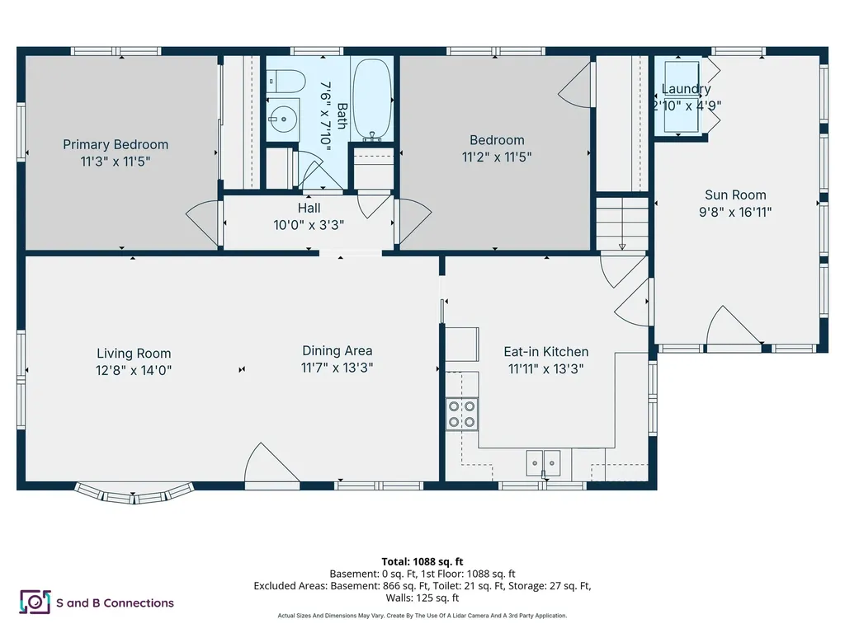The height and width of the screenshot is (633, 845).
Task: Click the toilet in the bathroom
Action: pyautogui.click(x=286, y=82)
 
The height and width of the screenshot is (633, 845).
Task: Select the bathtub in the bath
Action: pyautogui.click(x=372, y=100)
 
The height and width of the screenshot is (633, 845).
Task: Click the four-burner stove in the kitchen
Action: pyautogui.click(x=462, y=414)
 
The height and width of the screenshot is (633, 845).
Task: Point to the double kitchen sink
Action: pyautogui.click(x=543, y=463)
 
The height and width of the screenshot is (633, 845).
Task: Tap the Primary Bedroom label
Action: pyautogui.click(x=116, y=144)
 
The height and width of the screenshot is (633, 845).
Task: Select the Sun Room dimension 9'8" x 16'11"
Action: pyautogui.click(x=735, y=212)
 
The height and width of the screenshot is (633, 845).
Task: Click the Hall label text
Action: pyautogui.click(x=309, y=208)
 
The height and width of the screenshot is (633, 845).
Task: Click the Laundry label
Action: pyautogui.click(x=686, y=89)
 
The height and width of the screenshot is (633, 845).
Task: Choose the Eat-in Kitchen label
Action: pyautogui.click(x=546, y=351)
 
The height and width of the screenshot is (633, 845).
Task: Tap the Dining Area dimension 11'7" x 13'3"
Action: pyautogui.click(x=337, y=368)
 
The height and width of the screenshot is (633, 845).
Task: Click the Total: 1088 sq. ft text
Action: pyautogui.click(x=422, y=562)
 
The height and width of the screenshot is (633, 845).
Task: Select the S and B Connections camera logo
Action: pyautogui.click(x=35, y=603)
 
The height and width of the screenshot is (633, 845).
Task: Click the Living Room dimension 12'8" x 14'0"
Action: pyautogui.click(x=134, y=370)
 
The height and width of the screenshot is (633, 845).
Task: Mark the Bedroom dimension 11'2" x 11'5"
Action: pyautogui.click(x=496, y=157)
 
